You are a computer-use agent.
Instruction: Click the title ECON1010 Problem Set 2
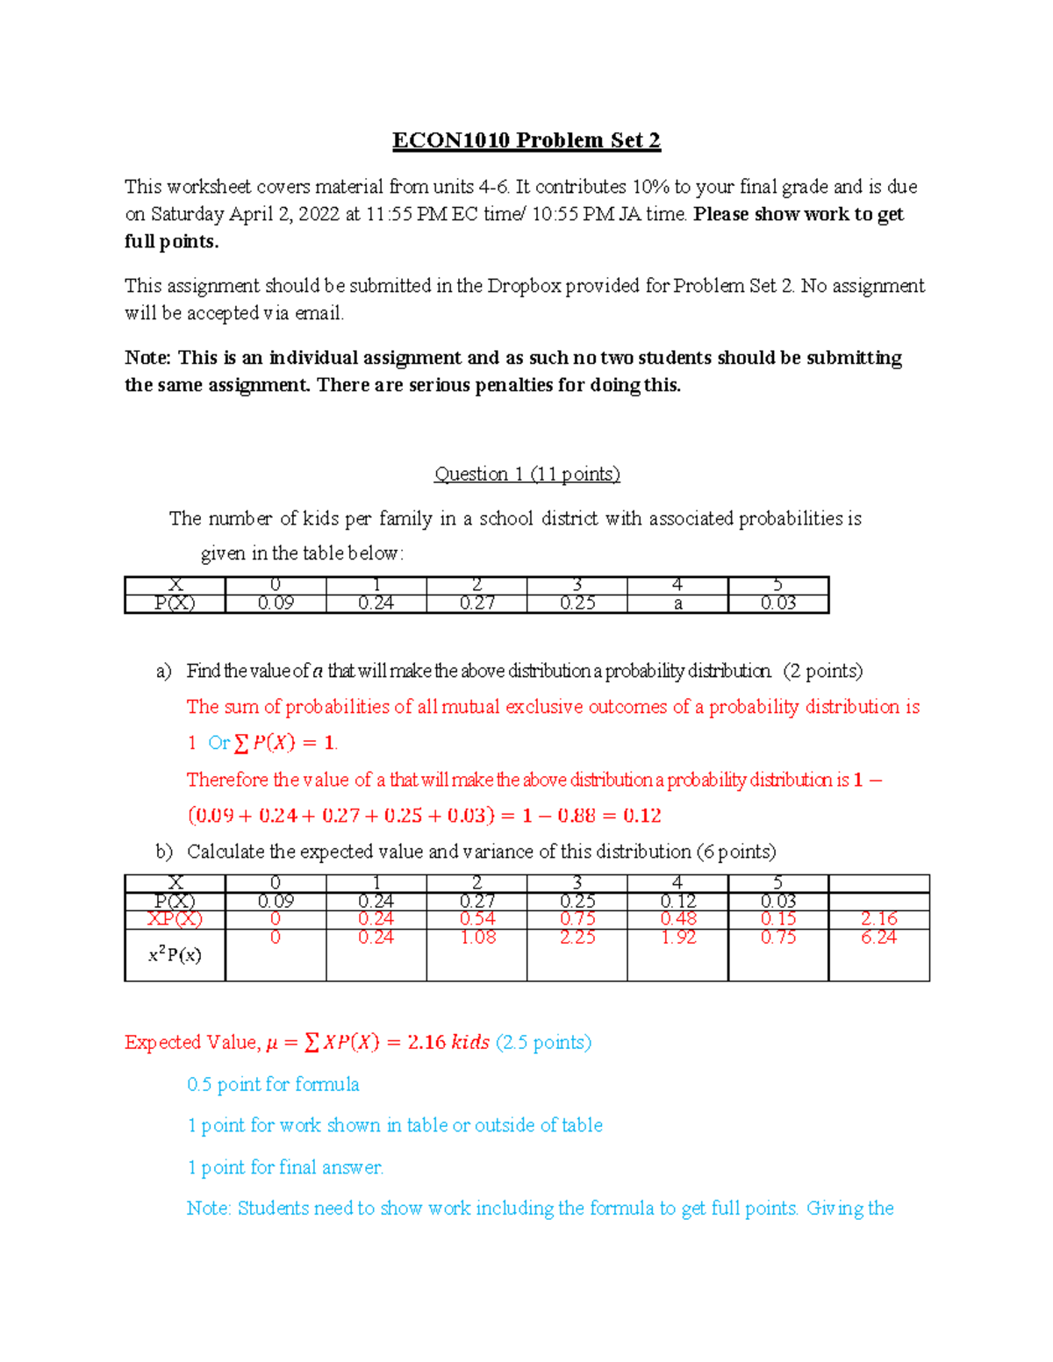tap(526, 140)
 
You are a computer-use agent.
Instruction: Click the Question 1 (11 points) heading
tap(526, 474)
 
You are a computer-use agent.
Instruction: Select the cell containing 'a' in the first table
tap(677, 603)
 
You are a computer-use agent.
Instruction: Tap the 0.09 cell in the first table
tap(276, 603)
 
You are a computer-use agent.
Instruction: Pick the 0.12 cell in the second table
tap(677, 902)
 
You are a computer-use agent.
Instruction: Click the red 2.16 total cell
tap(878, 918)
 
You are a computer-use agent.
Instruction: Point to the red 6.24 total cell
tap(878, 937)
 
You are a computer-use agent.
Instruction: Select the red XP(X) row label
tap(175, 918)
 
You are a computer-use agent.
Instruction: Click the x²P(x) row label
tap(175, 955)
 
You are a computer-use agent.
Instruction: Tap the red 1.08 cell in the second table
tap(477, 937)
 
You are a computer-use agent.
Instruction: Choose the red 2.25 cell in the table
tap(577, 937)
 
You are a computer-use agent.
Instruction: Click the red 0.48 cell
tap(677, 918)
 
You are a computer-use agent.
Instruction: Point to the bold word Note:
tap(147, 358)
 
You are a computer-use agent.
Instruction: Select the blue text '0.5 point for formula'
tap(273, 1085)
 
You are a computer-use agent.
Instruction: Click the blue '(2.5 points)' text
tap(543, 1042)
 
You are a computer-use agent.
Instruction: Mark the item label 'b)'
tap(164, 852)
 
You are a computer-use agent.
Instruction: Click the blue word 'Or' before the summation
tap(218, 743)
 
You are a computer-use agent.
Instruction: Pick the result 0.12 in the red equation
tap(642, 816)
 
